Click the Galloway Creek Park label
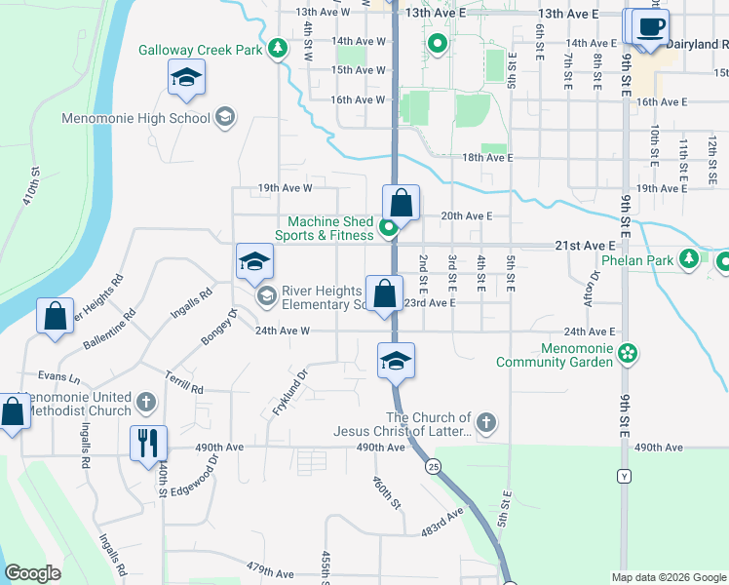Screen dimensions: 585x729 pos(200,49)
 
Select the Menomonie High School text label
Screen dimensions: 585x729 pos(135,118)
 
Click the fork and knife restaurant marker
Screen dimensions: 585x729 pos(148,442)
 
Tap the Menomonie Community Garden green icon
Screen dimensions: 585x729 pos(628,352)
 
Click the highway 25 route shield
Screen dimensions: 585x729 pos(432,467)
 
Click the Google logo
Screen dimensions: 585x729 pos(33,573)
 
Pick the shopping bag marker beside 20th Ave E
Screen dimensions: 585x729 pos(401,203)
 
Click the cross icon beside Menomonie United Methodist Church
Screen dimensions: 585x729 pos(145,402)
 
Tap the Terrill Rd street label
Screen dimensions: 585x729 pos(183,382)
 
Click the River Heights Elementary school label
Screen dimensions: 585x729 pos(322,297)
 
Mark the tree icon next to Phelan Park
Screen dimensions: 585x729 pos(690,258)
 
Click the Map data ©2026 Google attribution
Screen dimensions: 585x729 pos(668,577)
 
